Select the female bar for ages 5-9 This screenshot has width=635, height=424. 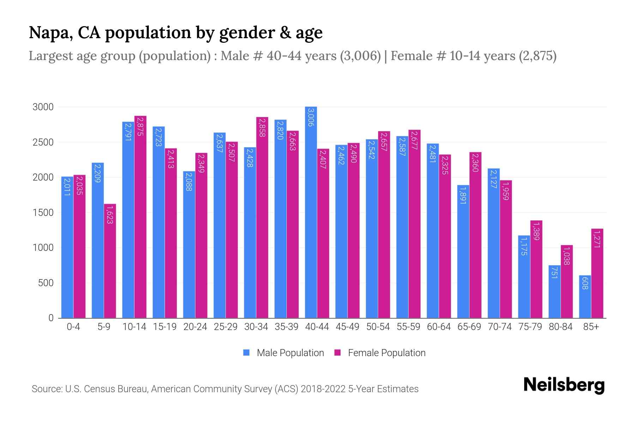coord(110,261)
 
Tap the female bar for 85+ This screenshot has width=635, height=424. coord(597,274)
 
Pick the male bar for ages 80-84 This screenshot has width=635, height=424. coord(554,292)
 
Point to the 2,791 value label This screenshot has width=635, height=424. coord(128,131)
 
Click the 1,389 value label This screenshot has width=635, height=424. coord(536,231)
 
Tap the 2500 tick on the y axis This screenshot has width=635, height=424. coord(43,142)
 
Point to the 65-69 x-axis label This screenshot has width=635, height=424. coord(469,327)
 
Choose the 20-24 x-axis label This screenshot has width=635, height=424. coord(195,327)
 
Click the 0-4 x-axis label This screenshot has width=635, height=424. coord(73,327)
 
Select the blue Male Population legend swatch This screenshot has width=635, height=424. coord(246,353)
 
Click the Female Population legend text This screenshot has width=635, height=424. coord(387,353)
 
